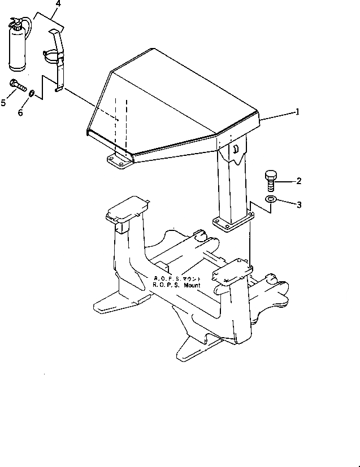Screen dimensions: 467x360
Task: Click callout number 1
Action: coord(297,112)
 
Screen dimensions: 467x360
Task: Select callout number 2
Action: coord(298,181)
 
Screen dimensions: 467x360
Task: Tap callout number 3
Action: coord(299,204)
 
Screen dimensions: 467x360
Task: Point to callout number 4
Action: coord(58,4)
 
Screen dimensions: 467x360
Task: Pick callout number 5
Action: coord(4,102)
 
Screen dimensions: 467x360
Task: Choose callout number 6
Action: coord(20,112)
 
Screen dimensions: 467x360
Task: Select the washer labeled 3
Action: coord(271,199)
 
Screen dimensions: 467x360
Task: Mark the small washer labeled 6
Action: coord(33,93)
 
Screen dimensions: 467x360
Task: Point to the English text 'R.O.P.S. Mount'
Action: coord(176,285)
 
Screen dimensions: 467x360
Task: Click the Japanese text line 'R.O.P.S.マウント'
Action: coord(176,279)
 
